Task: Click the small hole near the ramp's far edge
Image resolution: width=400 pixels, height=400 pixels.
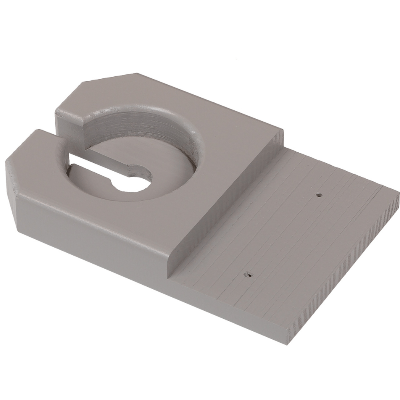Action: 319,195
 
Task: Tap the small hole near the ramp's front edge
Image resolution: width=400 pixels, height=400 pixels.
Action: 248,274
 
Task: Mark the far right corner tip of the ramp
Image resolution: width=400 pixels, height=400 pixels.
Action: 398,194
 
